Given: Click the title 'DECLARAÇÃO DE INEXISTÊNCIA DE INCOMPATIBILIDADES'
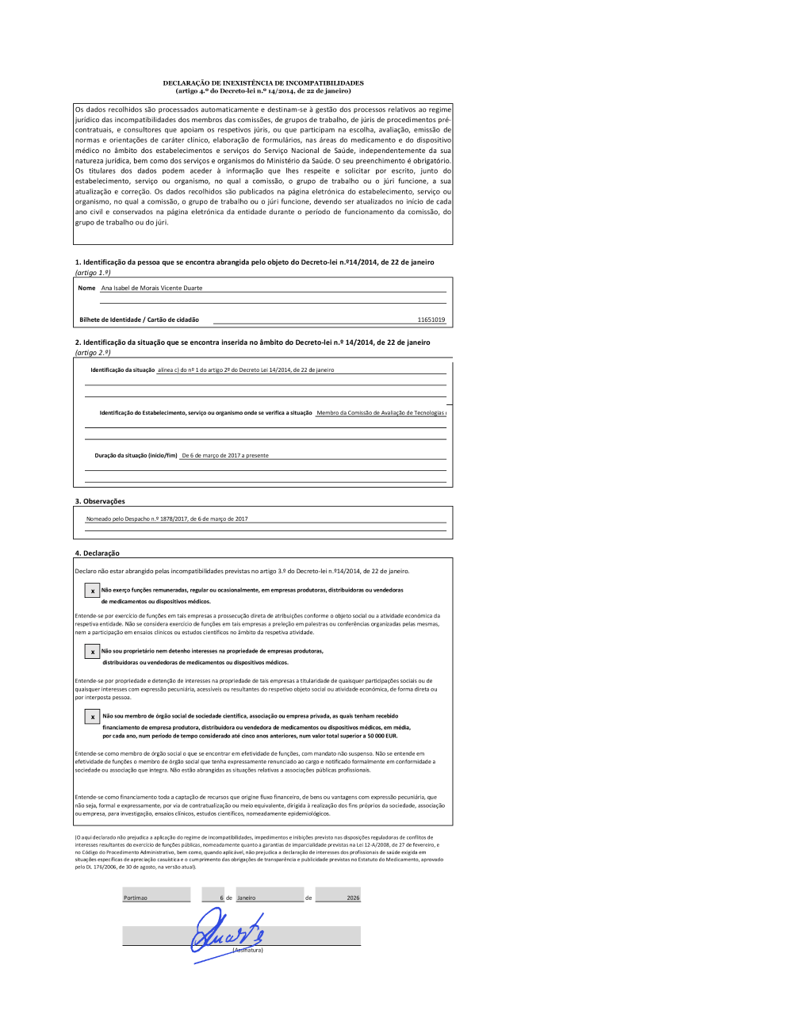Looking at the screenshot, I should (263, 82).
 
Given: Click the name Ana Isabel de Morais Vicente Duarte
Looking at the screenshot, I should (151, 289).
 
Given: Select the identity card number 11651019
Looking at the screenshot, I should (431, 320).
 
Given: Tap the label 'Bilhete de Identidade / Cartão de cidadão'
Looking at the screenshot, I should (139, 320).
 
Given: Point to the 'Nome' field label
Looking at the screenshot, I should (86, 289).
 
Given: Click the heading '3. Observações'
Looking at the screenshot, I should (100, 502).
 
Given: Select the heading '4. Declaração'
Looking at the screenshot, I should (97, 553).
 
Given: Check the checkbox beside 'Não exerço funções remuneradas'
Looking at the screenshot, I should (92, 591).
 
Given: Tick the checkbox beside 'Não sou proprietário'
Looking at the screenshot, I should (92, 652).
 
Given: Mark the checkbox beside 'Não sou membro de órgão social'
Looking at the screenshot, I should (92, 717).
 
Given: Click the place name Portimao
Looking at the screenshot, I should (136, 898).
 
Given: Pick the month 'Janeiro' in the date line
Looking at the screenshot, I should (247, 898).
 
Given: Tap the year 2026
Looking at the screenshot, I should (353, 898).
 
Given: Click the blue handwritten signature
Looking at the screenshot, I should (226, 934).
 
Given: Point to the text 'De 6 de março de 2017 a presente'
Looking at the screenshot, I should (225, 456).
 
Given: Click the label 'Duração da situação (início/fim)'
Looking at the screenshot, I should (136, 456).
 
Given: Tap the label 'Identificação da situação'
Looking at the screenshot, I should (122, 370).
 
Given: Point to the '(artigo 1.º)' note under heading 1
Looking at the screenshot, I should (93, 273).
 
